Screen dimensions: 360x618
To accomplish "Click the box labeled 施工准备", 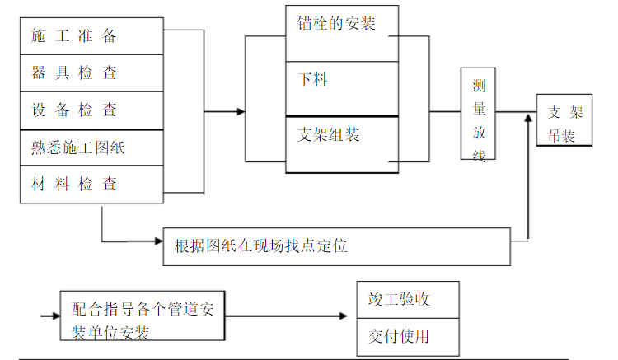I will click(x=91, y=35).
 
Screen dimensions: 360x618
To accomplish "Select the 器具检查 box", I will click(x=91, y=72).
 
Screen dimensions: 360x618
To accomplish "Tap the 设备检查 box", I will click(x=91, y=110).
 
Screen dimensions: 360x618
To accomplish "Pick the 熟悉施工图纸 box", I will click(x=91, y=148).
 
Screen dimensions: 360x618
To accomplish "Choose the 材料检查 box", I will click(x=91, y=184).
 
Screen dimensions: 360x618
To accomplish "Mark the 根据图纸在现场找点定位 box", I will click(x=337, y=245).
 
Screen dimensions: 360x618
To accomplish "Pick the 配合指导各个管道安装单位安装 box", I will click(x=143, y=315).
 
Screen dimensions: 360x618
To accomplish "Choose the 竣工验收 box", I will click(x=407, y=299).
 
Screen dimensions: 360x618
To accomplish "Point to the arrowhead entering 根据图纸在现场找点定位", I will click(x=159, y=241).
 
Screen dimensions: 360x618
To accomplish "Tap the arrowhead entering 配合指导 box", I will click(x=55, y=316).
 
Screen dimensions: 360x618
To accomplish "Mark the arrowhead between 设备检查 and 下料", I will click(x=241, y=111).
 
